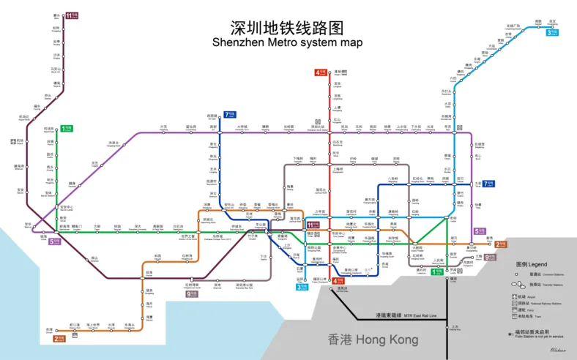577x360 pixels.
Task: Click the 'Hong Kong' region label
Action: click(373, 340)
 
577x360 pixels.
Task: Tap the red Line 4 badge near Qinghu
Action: click(321, 72)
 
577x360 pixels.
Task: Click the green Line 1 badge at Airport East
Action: click(67, 128)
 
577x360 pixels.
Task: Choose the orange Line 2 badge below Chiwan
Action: click(59, 339)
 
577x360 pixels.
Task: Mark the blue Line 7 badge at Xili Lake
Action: click(229, 114)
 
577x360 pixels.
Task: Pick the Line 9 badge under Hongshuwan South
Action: click(192, 293)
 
